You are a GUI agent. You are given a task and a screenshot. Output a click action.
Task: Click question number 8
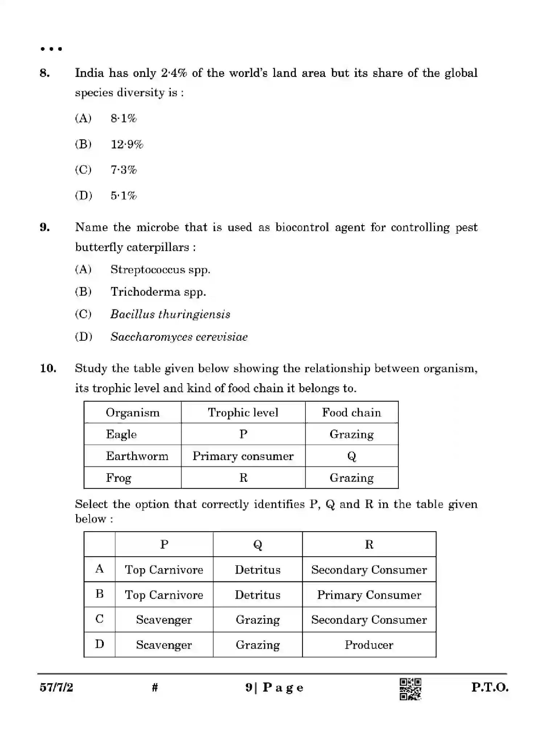coord(45,73)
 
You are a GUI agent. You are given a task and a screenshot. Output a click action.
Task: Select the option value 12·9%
coord(127,144)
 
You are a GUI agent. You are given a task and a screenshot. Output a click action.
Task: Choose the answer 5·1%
coord(123,196)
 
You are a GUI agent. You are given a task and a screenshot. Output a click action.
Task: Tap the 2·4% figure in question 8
coord(174,73)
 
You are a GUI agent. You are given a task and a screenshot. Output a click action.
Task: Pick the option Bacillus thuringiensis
coord(170,314)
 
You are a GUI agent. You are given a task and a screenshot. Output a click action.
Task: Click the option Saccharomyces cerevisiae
coord(179,337)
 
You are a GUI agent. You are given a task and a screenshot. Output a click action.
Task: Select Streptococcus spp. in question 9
coord(160,270)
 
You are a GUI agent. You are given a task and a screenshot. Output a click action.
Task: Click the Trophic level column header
coord(243,413)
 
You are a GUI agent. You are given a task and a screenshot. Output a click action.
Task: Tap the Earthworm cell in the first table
coord(137,456)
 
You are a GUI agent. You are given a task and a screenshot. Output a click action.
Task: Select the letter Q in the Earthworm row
coord(351,456)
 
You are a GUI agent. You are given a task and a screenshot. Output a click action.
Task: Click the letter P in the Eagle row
coord(243,434)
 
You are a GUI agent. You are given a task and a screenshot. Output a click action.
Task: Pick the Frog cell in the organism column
coord(118,478)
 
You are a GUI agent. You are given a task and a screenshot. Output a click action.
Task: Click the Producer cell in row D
coord(369,645)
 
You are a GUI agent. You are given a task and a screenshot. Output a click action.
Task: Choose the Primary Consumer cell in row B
coord(369,595)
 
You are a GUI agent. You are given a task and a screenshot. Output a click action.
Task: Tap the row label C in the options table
coord(99,619)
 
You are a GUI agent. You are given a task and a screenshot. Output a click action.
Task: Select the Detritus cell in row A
coord(257,570)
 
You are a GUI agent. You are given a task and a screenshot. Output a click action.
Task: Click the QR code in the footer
coord(410,689)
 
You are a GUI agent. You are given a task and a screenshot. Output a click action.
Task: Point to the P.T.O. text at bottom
coord(489,688)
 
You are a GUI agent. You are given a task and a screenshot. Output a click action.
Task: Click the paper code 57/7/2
coord(56,688)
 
